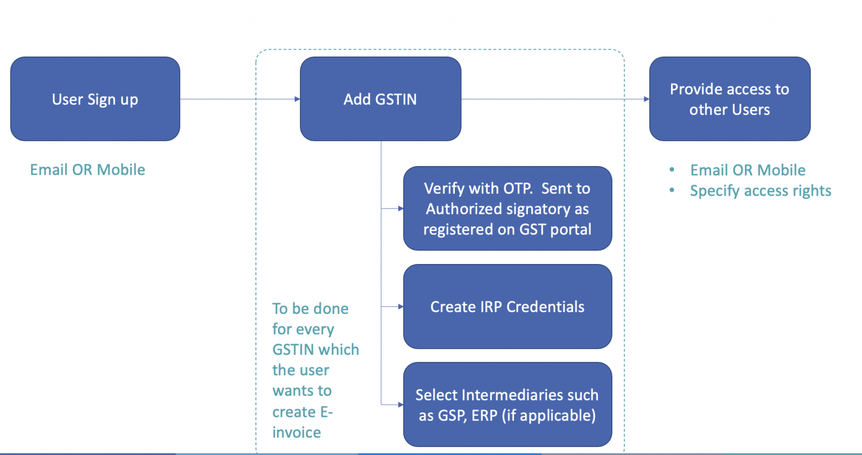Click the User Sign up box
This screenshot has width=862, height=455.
tap(95, 99)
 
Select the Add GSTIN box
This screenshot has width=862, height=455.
tap(380, 99)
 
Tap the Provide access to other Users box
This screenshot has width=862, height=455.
tap(729, 99)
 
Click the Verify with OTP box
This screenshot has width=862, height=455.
tap(507, 208)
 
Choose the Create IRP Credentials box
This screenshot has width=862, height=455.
tap(507, 306)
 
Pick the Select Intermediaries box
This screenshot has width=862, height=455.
tap(507, 405)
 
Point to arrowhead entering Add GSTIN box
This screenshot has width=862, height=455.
tap(297, 99)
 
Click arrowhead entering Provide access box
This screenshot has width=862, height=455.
tap(646, 99)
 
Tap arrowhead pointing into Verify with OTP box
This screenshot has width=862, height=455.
tap(400, 208)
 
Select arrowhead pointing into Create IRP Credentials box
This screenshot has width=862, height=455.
tap(400, 306)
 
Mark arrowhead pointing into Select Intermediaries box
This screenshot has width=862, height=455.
tap(400, 405)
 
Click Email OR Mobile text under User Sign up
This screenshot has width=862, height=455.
tap(87, 170)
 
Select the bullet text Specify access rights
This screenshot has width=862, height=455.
tap(760, 191)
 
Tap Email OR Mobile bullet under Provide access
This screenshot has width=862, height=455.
tap(748, 170)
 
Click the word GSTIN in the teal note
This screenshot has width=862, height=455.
tap(293, 350)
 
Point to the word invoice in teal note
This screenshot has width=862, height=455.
tap(296, 433)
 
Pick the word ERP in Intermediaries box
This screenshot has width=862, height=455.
tap(484, 416)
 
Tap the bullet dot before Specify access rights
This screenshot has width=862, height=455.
tap(672, 190)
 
